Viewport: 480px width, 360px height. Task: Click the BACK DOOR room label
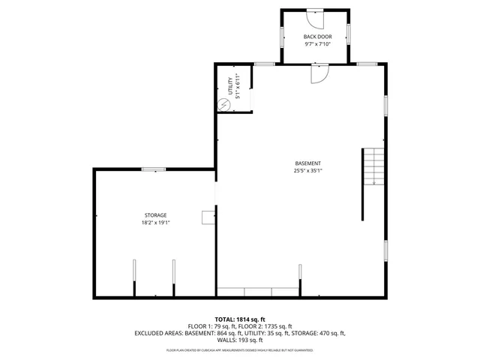point(317,37)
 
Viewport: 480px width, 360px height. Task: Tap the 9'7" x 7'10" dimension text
point(317,44)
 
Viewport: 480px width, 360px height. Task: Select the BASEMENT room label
point(307,163)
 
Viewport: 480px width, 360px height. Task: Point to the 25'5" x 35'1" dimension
point(307,170)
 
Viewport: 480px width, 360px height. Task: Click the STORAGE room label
point(155,215)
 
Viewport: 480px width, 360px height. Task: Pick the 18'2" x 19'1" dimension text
point(155,223)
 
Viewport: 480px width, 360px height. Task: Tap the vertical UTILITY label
point(231,88)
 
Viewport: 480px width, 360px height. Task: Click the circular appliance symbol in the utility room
point(223,105)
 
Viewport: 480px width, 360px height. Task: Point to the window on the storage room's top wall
point(154,169)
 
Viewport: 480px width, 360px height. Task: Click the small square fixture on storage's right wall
point(207,217)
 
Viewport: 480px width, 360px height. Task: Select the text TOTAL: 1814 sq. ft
point(240,319)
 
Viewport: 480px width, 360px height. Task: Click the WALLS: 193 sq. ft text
point(240,340)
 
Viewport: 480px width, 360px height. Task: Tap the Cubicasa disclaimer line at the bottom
point(240,350)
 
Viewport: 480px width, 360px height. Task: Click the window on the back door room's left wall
point(282,36)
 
